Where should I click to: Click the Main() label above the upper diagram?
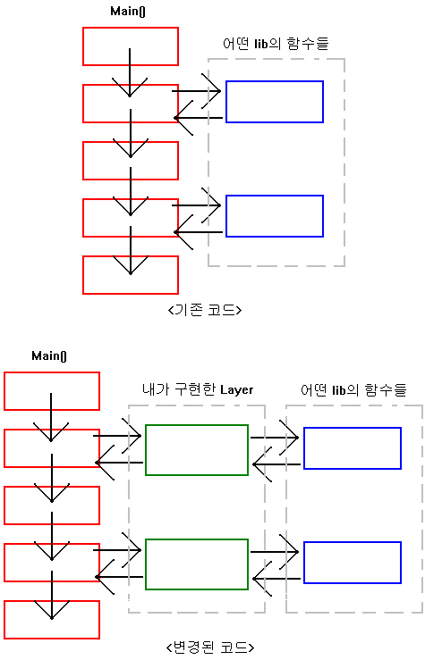pos(128,12)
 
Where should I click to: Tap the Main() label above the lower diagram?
pos(49,356)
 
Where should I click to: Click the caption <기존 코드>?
pos(205,310)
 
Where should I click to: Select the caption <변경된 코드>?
pos(210,647)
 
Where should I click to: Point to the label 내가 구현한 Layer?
pos(198,389)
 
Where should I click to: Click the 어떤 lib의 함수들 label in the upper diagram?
pos(276,44)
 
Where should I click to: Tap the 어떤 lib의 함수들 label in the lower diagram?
pos(353,390)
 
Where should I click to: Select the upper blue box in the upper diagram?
pos(275,81)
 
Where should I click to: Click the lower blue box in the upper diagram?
pos(275,196)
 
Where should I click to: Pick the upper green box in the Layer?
pos(197,425)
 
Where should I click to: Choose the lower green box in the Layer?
pos(197,540)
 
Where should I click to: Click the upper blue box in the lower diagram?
pos(353,428)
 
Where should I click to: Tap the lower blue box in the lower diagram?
pos(353,543)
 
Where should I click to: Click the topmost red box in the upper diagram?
pos(131,29)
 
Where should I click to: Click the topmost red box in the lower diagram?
pos(52,373)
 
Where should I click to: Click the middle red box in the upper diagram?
pos(131,142)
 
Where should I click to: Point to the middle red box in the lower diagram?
pos(52,487)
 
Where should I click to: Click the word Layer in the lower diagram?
pos(236,390)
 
